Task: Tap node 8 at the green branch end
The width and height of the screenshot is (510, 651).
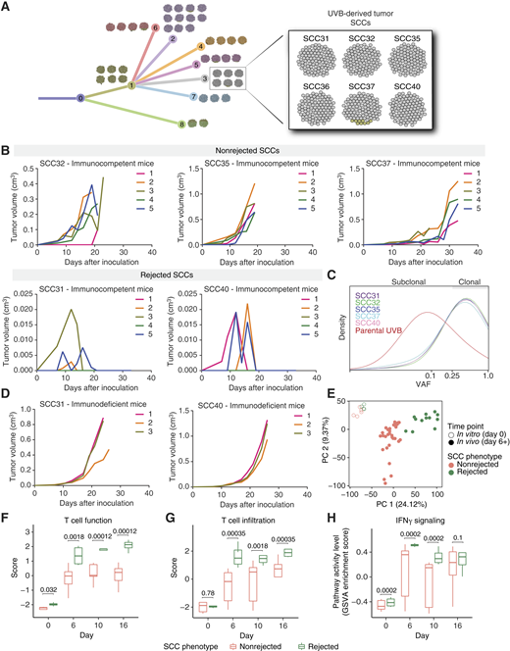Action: point(181,125)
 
